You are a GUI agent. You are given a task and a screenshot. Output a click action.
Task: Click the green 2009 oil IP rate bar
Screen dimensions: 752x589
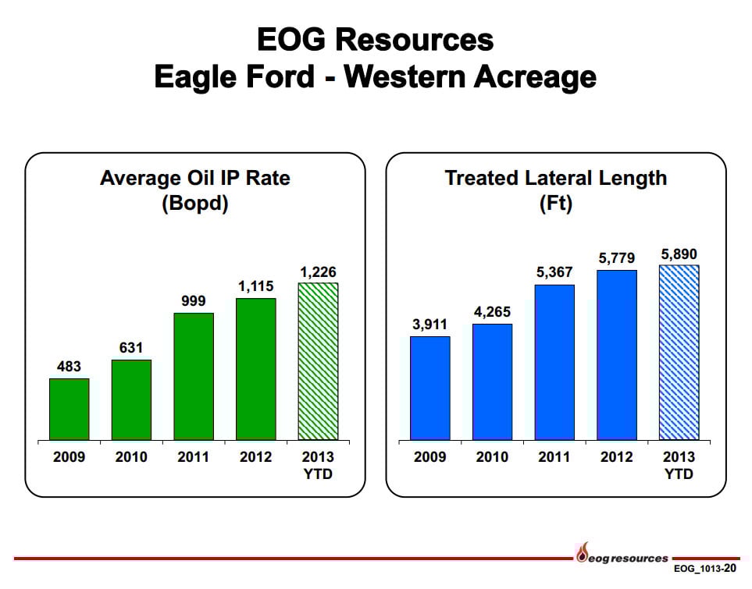coord(69,410)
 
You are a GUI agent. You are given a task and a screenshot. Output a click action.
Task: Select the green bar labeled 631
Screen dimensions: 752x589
coord(131,399)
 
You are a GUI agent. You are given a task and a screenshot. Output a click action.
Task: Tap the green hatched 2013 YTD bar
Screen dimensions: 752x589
coord(318,361)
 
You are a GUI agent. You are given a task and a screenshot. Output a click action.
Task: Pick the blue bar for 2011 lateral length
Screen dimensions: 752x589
coord(554,362)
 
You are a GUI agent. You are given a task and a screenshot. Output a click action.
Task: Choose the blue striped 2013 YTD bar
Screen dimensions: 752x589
coord(679,353)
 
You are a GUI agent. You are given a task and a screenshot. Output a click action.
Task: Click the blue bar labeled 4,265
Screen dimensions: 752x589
coord(493,382)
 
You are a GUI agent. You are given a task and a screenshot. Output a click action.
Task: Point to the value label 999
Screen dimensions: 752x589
coord(194,301)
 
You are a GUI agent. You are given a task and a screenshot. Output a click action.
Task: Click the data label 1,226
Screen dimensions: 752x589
coord(318,272)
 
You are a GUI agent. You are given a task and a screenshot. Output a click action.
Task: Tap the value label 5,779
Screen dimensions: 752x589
coord(617,258)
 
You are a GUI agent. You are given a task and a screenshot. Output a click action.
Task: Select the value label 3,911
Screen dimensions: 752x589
coord(429,325)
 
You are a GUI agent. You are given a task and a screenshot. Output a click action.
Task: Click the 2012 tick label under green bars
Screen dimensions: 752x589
coord(255,456)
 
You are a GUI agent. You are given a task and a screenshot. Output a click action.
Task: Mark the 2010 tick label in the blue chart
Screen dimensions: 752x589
coord(492,456)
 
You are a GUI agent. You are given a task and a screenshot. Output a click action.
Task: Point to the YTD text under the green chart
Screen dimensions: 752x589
coord(318,474)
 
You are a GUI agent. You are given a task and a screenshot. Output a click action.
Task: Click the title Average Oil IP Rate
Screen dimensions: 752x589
coord(195,178)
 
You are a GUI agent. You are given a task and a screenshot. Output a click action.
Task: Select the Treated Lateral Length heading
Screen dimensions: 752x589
coord(556,178)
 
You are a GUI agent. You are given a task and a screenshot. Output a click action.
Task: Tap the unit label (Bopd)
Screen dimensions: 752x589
coord(195,203)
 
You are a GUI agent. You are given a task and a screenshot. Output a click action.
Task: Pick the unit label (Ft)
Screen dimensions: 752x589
coord(556,203)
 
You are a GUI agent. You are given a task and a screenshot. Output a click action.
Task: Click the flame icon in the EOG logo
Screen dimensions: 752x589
coord(583,552)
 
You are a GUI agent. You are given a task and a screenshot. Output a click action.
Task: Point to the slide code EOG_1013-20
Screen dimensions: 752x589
coord(704,569)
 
